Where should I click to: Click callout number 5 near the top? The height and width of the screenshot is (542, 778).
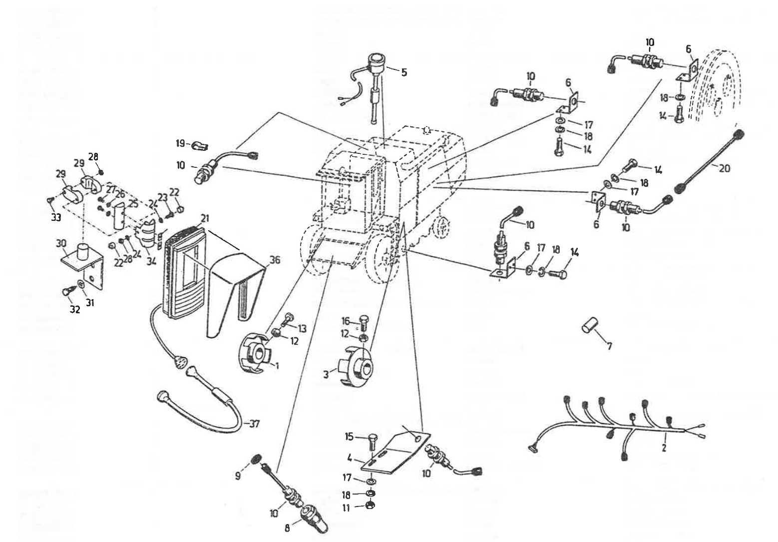[404, 73]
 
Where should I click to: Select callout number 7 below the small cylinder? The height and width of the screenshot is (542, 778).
[610, 345]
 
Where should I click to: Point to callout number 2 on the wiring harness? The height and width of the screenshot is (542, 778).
[664, 448]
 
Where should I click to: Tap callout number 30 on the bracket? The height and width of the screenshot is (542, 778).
[61, 243]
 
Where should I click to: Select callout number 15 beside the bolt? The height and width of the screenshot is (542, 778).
[349, 437]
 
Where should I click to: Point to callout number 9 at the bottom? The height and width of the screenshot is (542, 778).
[238, 476]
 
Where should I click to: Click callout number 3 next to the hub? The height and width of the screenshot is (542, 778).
[326, 374]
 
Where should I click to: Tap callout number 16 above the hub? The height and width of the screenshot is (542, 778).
[346, 320]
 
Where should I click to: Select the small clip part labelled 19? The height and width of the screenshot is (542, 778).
[199, 146]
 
